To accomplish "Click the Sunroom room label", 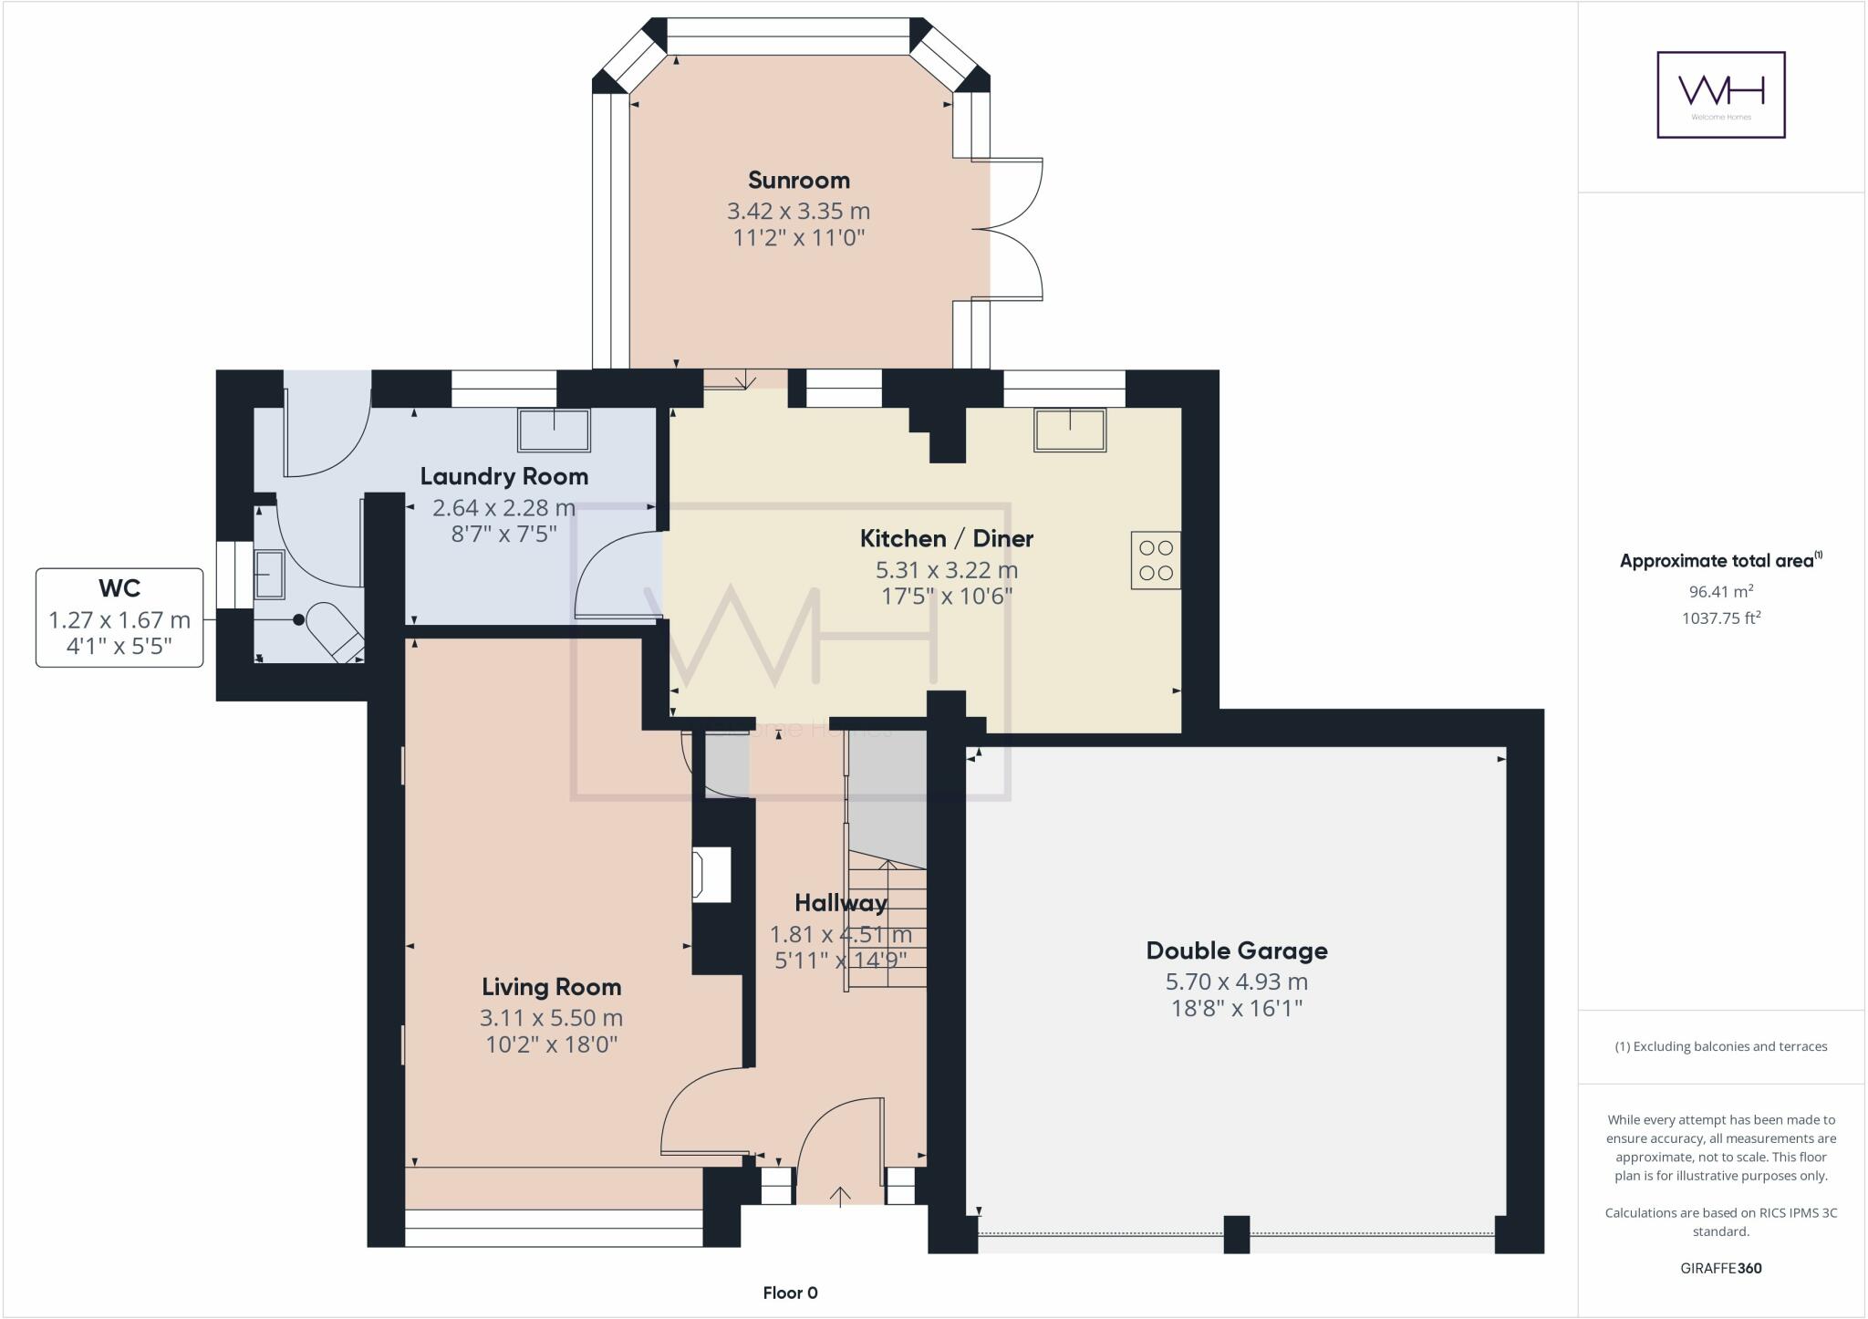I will coord(798,180).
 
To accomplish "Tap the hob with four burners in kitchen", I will coord(1156,560).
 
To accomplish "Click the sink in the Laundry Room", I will coord(554,430).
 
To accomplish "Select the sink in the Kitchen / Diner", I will coord(1069,430).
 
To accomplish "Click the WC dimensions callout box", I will coord(119,618).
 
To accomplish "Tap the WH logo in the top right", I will coord(1720,95).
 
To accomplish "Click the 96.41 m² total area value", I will coord(1720,591).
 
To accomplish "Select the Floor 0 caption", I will coord(790,1293).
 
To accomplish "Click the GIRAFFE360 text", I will coord(1720,1268).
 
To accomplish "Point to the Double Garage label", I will coord(1236,950).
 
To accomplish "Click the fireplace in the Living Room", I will coord(712,875).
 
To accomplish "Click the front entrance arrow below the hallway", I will coord(840,1195).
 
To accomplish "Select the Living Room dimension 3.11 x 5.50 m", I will coord(551,1018).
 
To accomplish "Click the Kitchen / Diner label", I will coord(946,538).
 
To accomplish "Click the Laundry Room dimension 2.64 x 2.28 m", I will coord(503,507).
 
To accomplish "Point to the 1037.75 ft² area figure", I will coord(1720,618).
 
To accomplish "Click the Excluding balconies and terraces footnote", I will coord(1720,1046).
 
